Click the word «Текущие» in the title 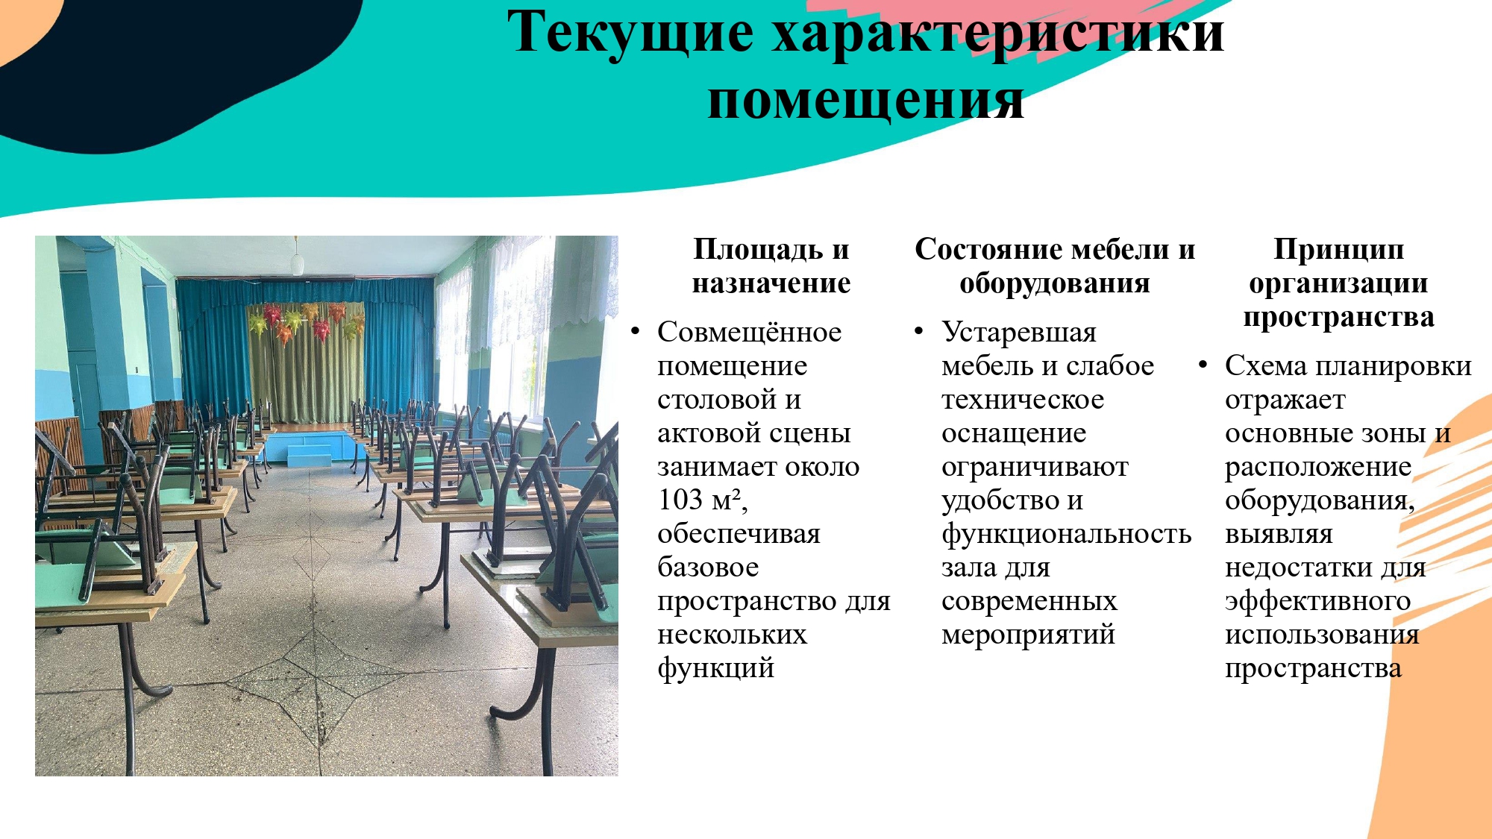pyautogui.click(x=630, y=34)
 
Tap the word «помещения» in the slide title pyautogui.click(x=865, y=101)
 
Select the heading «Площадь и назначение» pyautogui.click(x=771, y=266)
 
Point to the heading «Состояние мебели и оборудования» pyautogui.click(x=1055, y=266)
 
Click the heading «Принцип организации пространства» pyautogui.click(x=1339, y=283)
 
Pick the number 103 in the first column pyautogui.click(x=680, y=500)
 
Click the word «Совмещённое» pyautogui.click(x=749, y=332)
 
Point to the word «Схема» pyautogui.click(x=1266, y=366)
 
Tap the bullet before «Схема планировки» pyautogui.click(x=1203, y=365)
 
